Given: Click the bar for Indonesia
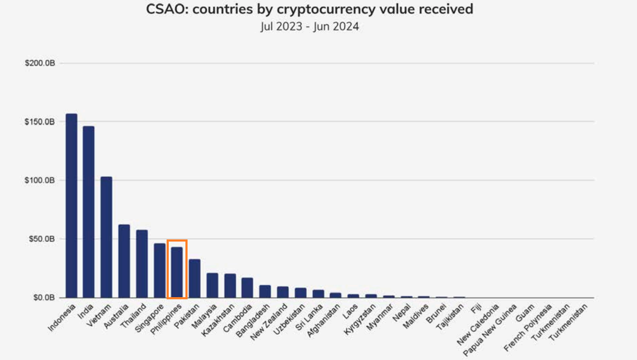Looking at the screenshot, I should (x=71, y=205).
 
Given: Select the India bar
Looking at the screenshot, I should (x=88, y=212).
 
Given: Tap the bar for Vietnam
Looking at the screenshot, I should (x=106, y=237).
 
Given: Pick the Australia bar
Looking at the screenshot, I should (x=124, y=261).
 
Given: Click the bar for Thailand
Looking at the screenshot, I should (x=142, y=263).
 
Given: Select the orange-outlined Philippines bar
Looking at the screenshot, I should (x=177, y=272).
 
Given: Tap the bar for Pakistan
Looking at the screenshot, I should (x=194, y=278).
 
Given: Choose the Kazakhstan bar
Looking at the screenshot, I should (x=230, y=286).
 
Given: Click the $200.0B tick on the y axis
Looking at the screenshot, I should (x=40, y=63).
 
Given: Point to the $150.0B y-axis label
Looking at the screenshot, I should (x=40, y=122).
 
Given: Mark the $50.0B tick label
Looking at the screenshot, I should (x=41, y=239).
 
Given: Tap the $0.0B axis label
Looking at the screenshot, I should (x=44, y=298).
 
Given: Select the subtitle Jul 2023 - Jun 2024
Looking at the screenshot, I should (x=310, y=27).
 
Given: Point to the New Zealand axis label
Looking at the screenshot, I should (x=269, y=322).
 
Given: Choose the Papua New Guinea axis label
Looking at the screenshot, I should (x=490, y=330).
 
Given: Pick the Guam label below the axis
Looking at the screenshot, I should (x=525, y=313).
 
